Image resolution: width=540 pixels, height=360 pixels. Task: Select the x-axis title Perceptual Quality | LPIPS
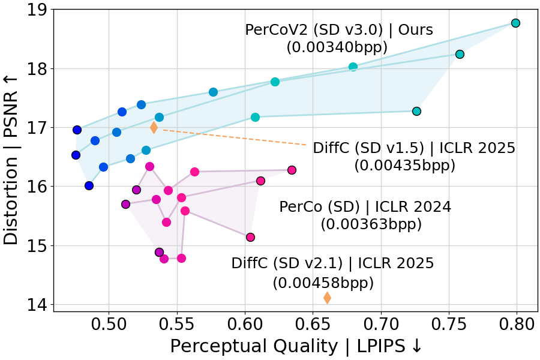tap(292, 347)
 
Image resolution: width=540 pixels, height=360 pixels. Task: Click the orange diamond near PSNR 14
tap(327, 298)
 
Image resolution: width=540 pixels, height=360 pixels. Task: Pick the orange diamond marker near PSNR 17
tap(154, 127)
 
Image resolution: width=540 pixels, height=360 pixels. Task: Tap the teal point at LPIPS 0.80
tap(515, 23)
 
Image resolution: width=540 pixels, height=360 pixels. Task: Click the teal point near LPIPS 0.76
tap(460, 55)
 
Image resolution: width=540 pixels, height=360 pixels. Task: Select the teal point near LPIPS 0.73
tap(416, 112)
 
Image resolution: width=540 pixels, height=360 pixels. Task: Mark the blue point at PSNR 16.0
tap(89, 186)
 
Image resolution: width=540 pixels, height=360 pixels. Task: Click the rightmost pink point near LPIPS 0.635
tap(292, 170)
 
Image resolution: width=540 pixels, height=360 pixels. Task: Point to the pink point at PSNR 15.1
tap(250, 238)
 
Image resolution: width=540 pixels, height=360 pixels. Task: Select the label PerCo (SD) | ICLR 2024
tap(365, 208)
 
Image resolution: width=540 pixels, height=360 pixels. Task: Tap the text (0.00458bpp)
tap(323, 282)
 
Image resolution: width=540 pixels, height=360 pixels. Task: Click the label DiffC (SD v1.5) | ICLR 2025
tap(414, 148)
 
